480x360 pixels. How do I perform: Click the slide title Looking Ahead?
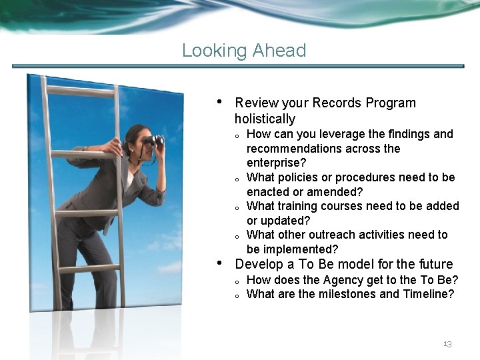pyautogui.click(x=244, y=51)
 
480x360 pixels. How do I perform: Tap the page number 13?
pyautogui.click(x=447, y=344)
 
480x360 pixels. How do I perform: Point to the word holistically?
pyautogui.click(x=265, y=119)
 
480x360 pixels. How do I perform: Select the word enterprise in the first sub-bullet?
pyautogui.click(x=273, y=163)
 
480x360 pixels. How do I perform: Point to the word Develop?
pyautogui.click(x=258, y=264)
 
